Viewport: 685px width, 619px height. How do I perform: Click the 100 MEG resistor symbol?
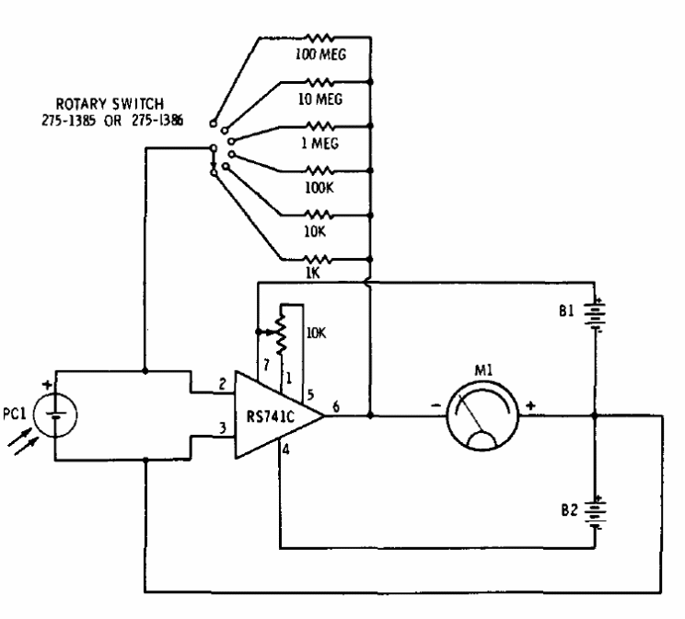pyautogui.click(x=320, y=38)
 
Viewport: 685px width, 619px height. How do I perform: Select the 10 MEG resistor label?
pyautogui.click(x=320, y=99)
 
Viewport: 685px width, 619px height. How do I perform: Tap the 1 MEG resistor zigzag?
pyautogui.click(x=320, y=126)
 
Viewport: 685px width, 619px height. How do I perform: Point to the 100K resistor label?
pyautogui.click(x=319, y=188)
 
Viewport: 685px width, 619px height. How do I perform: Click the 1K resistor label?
pyautogui.click(x=312, y=273)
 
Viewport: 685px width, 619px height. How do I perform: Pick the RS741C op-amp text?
pyautogui.click(x=271, y=416)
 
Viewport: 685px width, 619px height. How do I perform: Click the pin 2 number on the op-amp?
pyautogui.click(x=223, y=384)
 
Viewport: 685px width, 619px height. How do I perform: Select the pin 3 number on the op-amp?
pyautogui.click(x=223, y=427)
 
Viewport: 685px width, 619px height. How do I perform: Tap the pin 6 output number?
pyautogui.click(x=335, y=406)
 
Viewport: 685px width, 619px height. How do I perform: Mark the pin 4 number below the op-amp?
pyautogui.click(x=285, y=449)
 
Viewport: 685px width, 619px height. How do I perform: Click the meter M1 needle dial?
pyautogui.click(x=482, y=415)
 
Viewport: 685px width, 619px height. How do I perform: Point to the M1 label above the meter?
pyautogui.click(x=483, y=370)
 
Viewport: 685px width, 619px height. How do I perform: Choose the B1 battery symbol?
pyautogui.click(x=595, y=315)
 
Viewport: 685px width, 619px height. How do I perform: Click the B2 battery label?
pyautogui.click(x=569, y=510)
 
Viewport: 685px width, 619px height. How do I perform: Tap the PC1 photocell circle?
pyautogui.click(x=55, y=415)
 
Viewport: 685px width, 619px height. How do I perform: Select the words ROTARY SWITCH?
pyautogui.click(x=110, y=104)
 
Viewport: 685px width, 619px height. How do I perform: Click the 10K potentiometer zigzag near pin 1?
pyautogui.click(x=282, y=333)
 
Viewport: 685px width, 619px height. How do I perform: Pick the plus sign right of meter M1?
pyautogui.click(x=530, y=405)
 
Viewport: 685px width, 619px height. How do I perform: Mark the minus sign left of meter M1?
pyautogui.click(x=436, y=405)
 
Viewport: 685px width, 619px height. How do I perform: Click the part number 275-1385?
pyautogui.click(x=68, y=121)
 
